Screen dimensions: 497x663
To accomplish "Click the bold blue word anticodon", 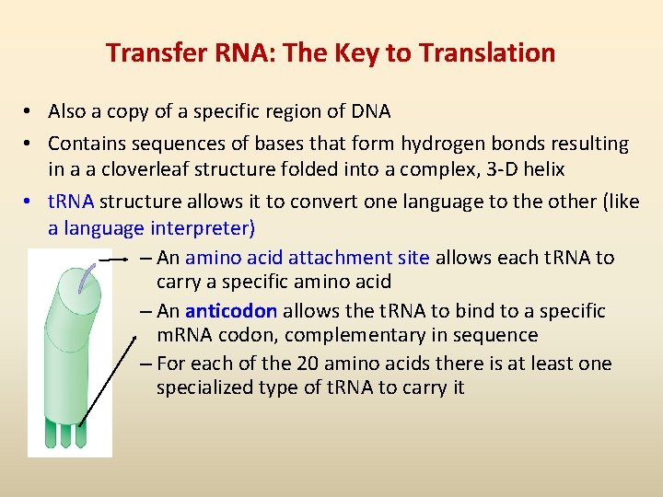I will tap(230, 311).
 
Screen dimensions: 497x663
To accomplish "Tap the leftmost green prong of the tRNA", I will tap(52, 432).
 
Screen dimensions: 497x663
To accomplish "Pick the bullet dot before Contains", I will tap(30, 144).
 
